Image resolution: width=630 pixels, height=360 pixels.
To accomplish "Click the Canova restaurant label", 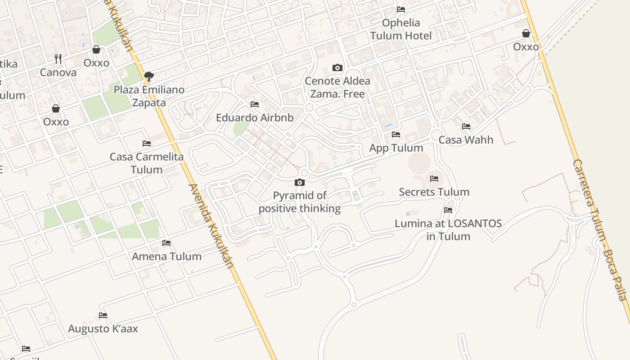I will pos(58,72).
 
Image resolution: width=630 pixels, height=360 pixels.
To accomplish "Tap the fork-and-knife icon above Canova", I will pos(58,59).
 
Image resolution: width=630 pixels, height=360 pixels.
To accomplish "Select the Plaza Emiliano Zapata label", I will pos(149,96).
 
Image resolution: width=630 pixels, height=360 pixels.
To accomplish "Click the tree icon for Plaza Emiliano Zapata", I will pos(149,76).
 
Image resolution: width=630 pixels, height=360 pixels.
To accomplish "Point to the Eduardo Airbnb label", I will pos(255,118).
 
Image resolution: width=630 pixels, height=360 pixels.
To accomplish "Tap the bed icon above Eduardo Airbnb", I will pos(255,104).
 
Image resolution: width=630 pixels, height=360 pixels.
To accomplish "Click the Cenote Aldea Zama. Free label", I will pos(337,87).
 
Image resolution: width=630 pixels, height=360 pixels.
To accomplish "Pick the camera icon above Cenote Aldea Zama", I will pos(337,68).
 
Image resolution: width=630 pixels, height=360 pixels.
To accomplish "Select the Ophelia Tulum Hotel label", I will pos(401,29).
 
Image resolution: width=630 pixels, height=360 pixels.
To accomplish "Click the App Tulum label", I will pos(396,148).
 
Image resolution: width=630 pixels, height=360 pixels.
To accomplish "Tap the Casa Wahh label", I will pos(466,140).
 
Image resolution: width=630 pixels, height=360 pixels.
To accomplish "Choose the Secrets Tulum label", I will pos(434,192).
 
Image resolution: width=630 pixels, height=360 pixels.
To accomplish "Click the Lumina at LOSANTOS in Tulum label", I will pos(448,229).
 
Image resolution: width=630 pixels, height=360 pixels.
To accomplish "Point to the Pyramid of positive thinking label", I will pos(300,202).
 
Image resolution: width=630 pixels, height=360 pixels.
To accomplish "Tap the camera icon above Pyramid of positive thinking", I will pos(300,182).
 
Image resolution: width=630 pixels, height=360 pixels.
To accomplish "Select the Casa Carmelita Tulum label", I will pos(147,163).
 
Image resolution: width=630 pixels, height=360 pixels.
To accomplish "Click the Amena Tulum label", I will pos(166,256).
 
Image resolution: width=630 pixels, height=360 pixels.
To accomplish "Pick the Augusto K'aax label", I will pos(103,329).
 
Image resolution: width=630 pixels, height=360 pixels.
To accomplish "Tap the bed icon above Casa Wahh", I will pos(466,126).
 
